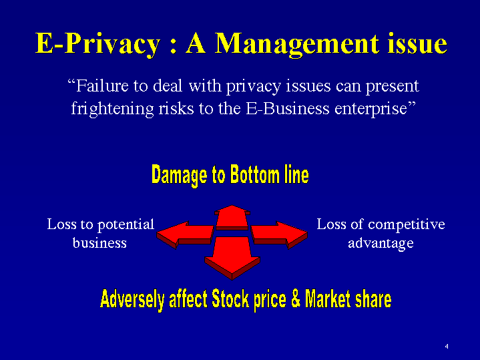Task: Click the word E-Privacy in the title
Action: (x=98, y=44)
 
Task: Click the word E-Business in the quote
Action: (x=288, y=108)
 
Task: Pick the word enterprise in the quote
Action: (x=375, y=109)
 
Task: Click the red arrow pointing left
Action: (x=185, y=234)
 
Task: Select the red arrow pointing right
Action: (x=279, y=234)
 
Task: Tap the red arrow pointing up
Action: (x=232, y=218)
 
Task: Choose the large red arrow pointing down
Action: (x=232, y=258)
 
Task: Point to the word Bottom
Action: (x=255, y=174)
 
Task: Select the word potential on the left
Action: (x=126, y=225)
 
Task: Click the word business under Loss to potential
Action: (x=99, y=242)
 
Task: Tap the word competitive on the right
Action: (x=406, y=225)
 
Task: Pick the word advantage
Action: (x=381, y=244)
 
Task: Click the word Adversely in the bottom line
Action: (x=132, y=299)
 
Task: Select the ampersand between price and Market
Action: (x=296, y=299)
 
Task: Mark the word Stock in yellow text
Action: (x=230, y=299)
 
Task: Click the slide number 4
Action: (x=447, y=346)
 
